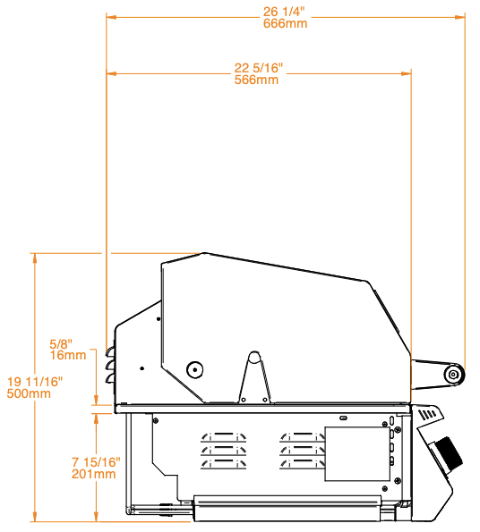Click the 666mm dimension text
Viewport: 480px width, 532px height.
(x=285, y=23)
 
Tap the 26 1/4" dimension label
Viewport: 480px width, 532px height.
(x=284, y=12)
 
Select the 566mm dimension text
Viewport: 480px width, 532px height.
(x=256, y=80)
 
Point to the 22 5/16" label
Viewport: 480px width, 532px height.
(x=259, y=68)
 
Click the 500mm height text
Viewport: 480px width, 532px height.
(x=29, y=393)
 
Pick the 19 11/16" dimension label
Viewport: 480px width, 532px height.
(x=35, y=382)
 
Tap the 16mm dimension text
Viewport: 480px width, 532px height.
(x=68, y=355)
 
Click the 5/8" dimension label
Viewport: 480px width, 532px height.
(x=61, y=343)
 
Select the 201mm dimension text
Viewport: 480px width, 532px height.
(x=93, y=474)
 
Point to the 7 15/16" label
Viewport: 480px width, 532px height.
(x=96, y=462)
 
